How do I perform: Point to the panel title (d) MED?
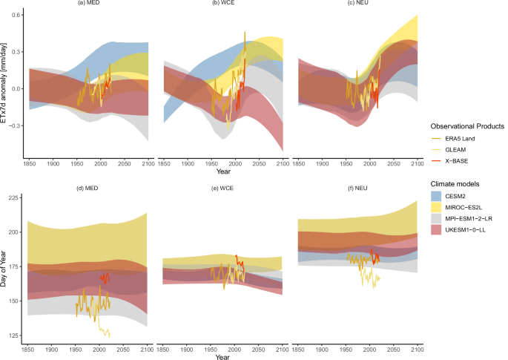(x=88, y=188)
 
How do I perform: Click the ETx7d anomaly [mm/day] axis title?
(x=6, y=84)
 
